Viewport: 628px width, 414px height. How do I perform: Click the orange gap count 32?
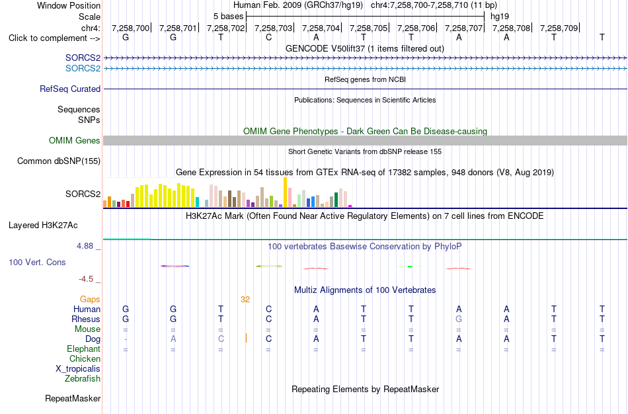coord(245,300)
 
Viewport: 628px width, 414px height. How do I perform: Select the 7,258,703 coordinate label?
coord(273,28)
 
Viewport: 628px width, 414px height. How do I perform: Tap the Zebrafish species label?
coord(83,378)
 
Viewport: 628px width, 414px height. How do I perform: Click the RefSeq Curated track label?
coord(70,89)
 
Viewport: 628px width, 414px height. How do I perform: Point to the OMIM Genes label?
coord(75,141)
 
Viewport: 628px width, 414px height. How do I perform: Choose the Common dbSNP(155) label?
coord(59,161)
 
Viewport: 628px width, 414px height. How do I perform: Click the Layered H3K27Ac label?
coord(43,226)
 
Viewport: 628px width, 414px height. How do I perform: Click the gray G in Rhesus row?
coord(459,319)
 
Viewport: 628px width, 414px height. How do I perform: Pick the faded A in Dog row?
coord(173,339)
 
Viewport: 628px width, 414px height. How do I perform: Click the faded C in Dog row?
coord(221,339)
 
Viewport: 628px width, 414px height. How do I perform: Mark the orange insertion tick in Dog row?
coord(246,338)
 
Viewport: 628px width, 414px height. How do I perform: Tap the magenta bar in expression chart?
coord(350,206)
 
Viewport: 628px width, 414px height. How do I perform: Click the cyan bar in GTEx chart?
coord(197,202)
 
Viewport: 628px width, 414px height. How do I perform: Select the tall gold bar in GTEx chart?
coord(285,192)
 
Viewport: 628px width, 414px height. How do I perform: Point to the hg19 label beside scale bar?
coord(500,17)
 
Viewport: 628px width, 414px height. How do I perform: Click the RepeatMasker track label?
coord(73,398)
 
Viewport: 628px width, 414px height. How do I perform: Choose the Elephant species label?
coord(84,349)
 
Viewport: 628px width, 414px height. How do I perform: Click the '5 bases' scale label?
coord(228,17)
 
